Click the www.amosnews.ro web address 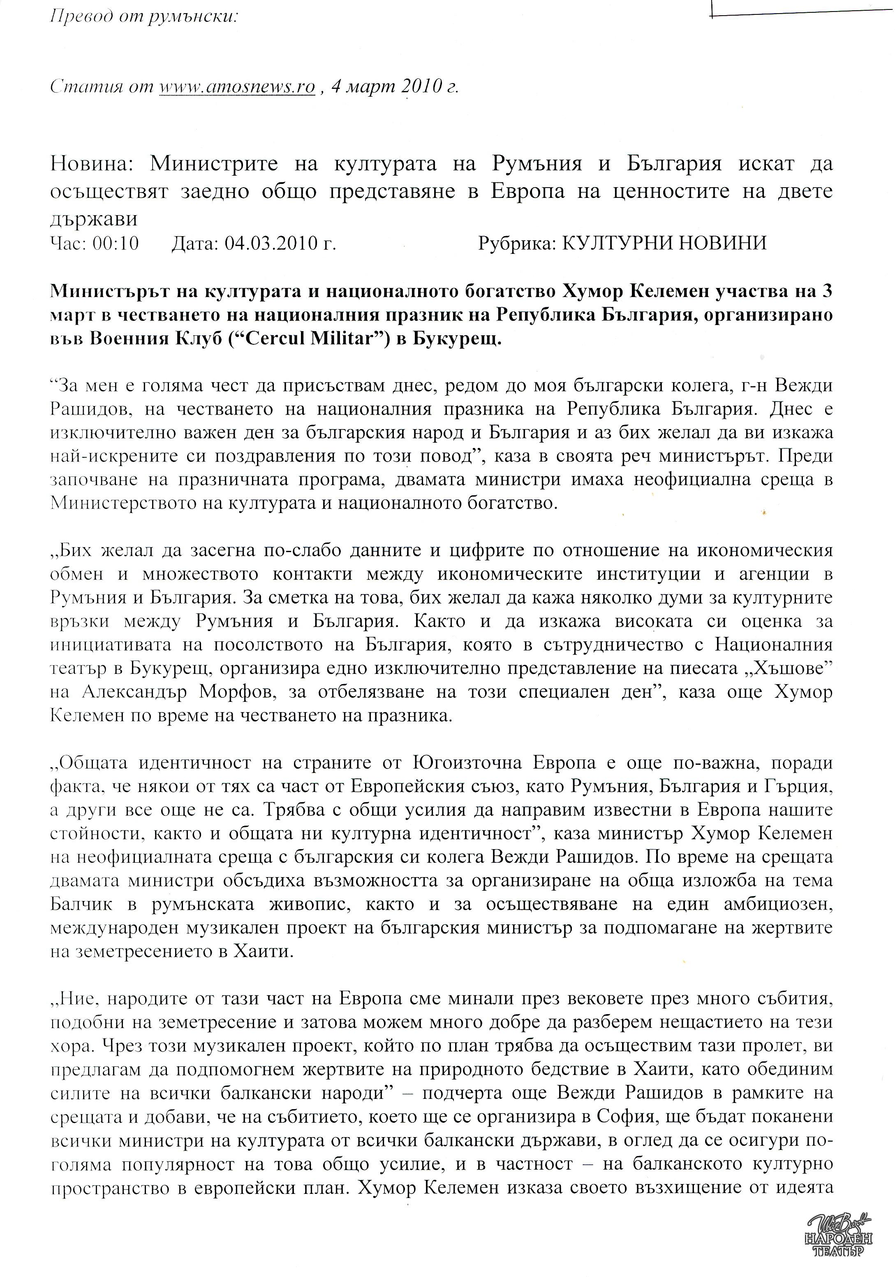coord(237,87)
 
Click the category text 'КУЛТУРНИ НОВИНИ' coord(664,243)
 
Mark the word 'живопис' coord(309,905)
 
